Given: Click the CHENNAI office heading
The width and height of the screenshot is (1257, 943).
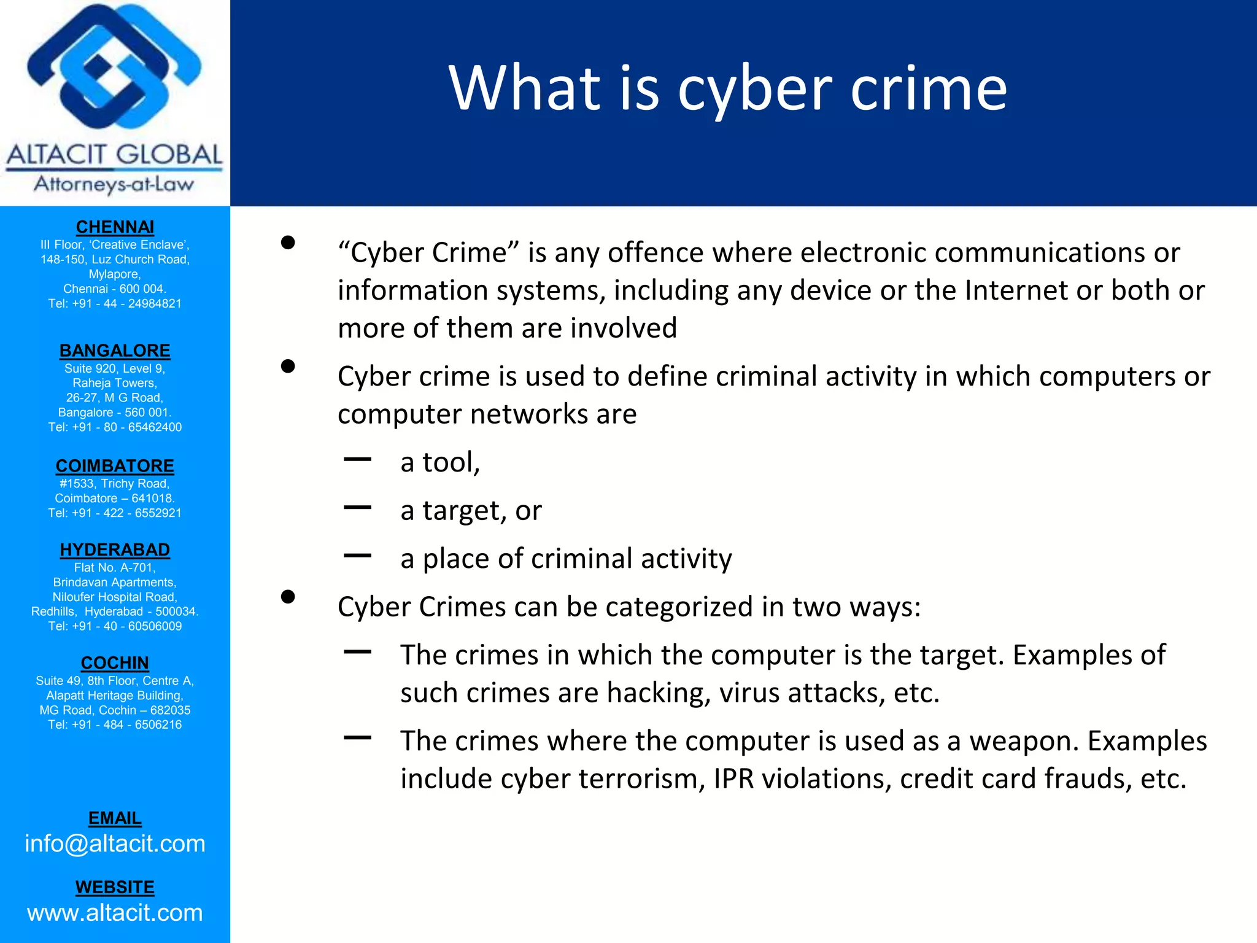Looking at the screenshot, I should pos(115,227).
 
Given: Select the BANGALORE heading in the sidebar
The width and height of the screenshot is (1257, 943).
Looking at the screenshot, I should pos(115,351).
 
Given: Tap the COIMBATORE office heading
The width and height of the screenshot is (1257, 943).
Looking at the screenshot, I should pos(115,466).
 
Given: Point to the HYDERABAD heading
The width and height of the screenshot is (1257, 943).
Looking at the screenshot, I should pos(115,549).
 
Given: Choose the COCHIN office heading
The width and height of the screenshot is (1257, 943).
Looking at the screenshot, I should pos(115,663).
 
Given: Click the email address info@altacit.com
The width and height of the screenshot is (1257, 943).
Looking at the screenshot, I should pos(115,844).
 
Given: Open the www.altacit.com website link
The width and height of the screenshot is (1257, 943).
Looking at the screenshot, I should pos(115,913).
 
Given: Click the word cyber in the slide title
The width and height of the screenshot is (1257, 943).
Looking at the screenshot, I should pos(754,90).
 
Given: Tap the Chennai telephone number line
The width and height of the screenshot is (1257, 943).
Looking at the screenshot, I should pos(115,303).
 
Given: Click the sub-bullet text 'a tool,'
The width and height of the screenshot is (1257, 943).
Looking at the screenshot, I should pos(440,462).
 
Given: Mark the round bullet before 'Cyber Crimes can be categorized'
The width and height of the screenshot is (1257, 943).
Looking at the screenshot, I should pos(288,597).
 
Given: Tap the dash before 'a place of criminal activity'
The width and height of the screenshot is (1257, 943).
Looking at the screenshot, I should pos(358,556).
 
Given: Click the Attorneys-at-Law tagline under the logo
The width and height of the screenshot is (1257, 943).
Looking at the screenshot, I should pos(114,184).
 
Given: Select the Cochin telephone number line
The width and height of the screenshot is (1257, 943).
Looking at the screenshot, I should pos(115,724).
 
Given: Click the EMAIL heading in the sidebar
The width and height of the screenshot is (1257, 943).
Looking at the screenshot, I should pos(115,818).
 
